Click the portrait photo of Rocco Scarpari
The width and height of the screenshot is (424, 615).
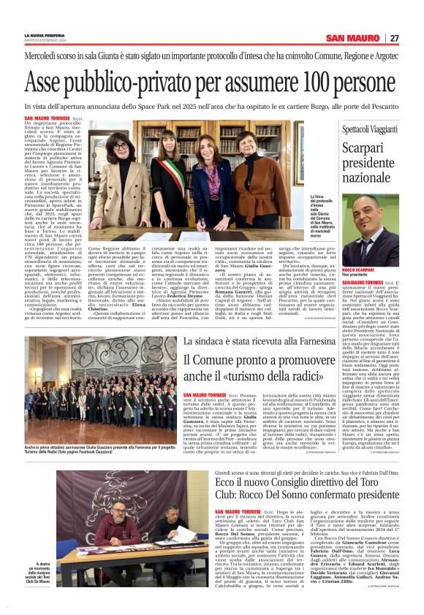(x=374, y=229)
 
